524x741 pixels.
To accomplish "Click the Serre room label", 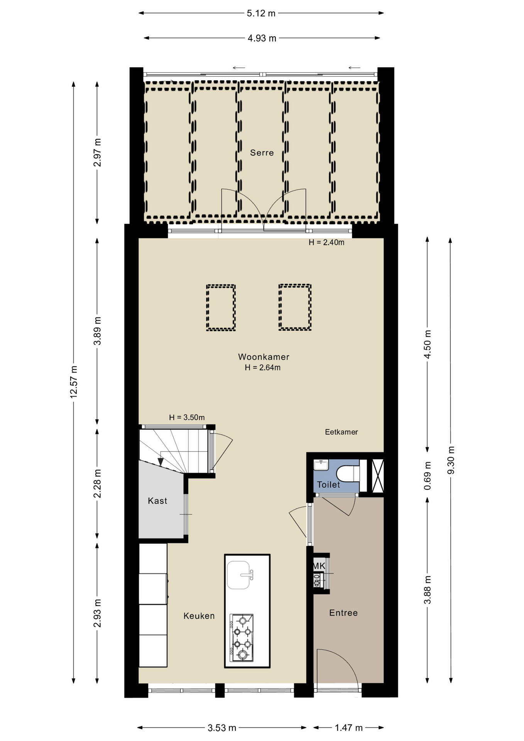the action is click(262, 153).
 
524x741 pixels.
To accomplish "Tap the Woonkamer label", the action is click(264, 357).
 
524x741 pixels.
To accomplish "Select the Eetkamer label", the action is click(341, 432).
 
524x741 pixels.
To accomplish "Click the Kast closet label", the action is click(157, 501).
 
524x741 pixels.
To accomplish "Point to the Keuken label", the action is click(199, 616).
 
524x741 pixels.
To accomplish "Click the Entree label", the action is click(343, 613).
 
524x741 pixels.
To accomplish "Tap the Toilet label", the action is click(328, 485).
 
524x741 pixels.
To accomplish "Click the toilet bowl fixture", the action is click(348, 474).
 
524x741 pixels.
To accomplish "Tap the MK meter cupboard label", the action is click(319, 566).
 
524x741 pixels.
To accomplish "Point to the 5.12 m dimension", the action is click(261, 14).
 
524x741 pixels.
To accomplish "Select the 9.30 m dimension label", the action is click(451, 460).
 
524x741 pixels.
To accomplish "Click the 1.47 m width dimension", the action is click(348, 728).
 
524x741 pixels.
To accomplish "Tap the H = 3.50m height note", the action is click(187, 417).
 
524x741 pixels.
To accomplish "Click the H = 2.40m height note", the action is click(326, 242).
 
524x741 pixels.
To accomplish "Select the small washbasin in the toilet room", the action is click(321, 465).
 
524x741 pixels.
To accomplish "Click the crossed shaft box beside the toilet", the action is click(377, 475).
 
